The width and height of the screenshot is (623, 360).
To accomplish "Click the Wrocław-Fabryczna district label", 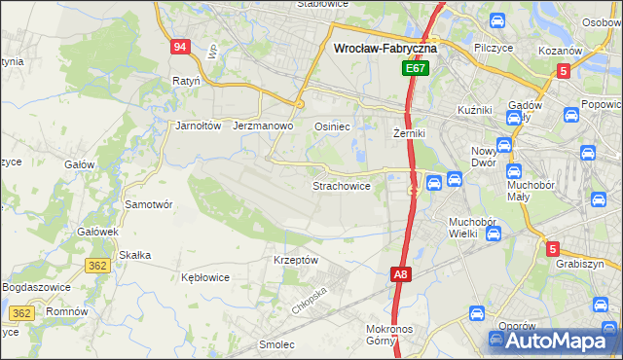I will pos(385,47).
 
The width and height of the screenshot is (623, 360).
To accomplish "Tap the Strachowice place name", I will pos(341,185).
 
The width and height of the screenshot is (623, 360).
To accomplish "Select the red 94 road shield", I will pos(178,47).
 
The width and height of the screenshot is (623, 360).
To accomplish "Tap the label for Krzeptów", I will pos(297,260).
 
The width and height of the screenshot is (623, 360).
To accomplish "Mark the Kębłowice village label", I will pos(205,277).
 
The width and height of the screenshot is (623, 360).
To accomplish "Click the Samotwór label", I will pos(149,204).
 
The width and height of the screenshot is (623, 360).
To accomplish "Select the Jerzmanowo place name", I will pos(264,126).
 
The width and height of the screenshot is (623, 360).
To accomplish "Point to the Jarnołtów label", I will pos(200,126).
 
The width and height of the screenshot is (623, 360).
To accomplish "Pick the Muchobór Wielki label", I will pos(473,228).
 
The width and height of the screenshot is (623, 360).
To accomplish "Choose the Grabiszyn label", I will pos(581,264).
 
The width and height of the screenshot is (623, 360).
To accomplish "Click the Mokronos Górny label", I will pos(394,335).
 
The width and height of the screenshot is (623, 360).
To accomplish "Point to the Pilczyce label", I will pos(495,47).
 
